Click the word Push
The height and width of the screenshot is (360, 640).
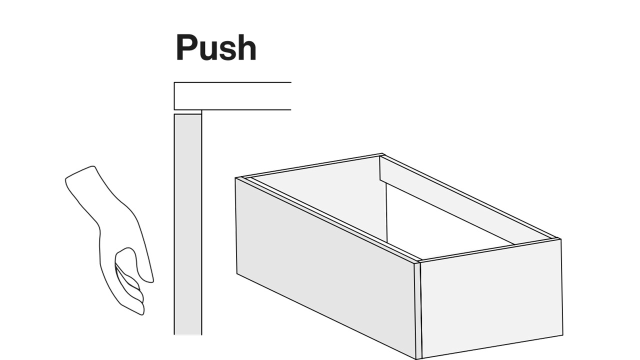tap(216, 47)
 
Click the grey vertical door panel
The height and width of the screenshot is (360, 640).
tap(187, 224)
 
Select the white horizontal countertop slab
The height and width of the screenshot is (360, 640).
tap(232, 96)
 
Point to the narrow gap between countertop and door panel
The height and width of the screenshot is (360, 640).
tap(187, 112)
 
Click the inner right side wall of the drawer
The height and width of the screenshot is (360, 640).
tap(463, 200)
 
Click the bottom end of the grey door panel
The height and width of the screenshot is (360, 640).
tap(187, 334)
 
